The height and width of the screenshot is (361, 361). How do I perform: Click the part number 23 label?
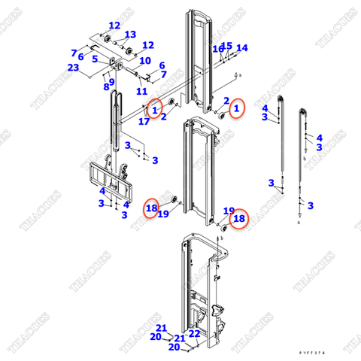73,68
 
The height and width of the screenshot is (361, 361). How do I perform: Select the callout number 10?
145,61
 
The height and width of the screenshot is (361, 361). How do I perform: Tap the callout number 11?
141,90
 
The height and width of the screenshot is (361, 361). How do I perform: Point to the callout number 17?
144,120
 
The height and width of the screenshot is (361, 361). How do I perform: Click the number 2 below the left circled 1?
163,117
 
